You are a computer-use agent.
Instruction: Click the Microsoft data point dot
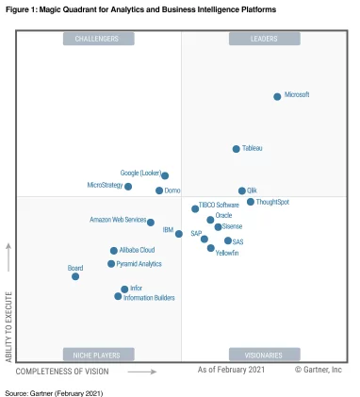pyautogui.click(x=277, y=96)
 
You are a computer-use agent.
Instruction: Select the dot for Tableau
pyautogui.click(x=237, y=149)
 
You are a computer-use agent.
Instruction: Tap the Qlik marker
pyautogui.click(x=241, y=190)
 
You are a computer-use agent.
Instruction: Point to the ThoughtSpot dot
pyautogui.click(x=251, y=202)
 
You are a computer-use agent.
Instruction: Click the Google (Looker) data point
pyautogui.click(x=165, y=175)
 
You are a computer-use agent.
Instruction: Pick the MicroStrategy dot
pyautogui.click(x=128, y=187)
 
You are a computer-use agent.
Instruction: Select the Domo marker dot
pyautogui.click(x=159, y=190)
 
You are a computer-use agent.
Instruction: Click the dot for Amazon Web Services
pyautogui.click(x=151, y=223)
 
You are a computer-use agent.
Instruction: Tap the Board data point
pyautogui.click(x=75, y=276)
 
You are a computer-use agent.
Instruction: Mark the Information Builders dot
pyautogui.click(x=118, y=296)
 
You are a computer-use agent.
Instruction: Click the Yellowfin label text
pyautogui.click(x=227, y=254)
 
